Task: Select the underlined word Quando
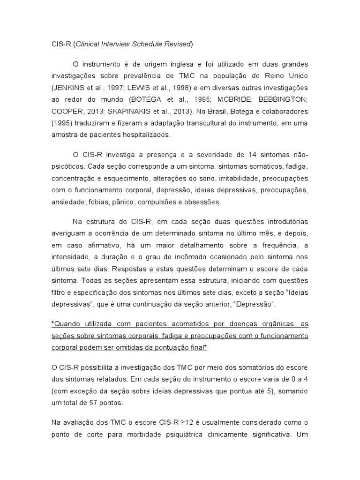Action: click(67, 324)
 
